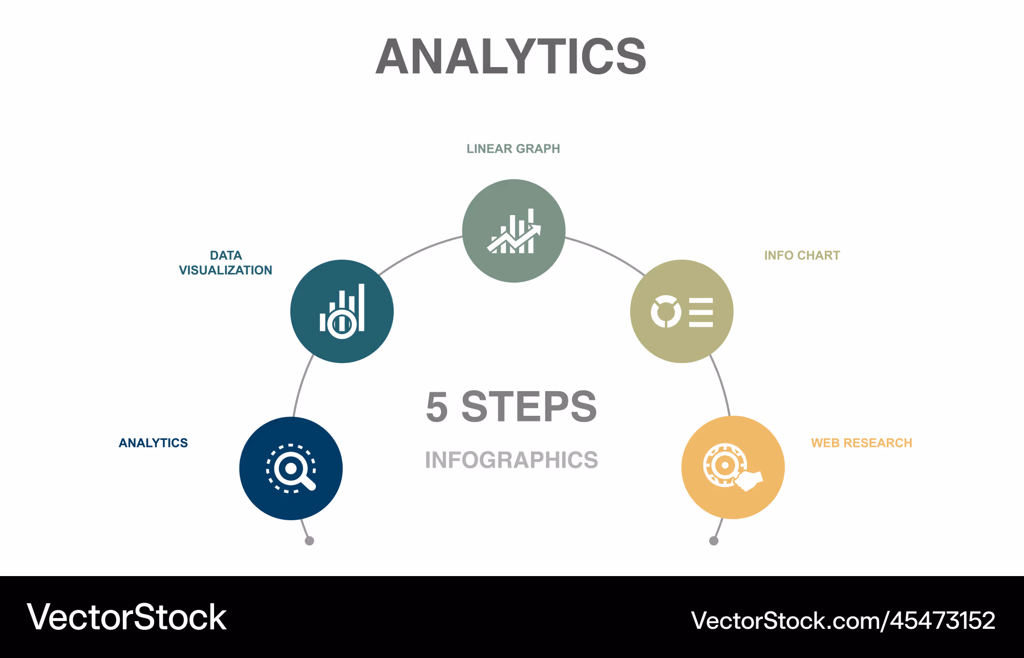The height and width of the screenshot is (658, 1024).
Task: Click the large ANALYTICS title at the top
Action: (511, 56)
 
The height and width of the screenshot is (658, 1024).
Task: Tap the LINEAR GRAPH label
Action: (513, 148)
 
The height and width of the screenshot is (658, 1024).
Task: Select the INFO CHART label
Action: (802, 255)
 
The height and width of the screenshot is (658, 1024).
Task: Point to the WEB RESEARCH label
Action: (861, 442)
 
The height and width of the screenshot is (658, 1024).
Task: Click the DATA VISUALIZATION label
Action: (225, 263)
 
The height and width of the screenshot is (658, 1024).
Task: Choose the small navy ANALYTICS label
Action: (153, 442)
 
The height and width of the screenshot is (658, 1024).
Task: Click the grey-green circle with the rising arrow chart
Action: (514, 230)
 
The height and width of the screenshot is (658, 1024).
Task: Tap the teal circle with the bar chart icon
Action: (342, 311)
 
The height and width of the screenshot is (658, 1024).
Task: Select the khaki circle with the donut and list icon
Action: (681, 311)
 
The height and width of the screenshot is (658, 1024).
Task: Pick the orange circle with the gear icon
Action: (733, 468)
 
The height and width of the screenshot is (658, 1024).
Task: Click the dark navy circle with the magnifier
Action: (291, 468)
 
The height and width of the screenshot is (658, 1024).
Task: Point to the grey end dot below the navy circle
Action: (309, 541)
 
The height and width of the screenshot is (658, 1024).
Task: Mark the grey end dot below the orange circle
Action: (714, 541)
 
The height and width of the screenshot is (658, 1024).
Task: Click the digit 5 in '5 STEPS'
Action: (437, 407)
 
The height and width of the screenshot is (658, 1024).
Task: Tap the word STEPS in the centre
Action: (529, 407)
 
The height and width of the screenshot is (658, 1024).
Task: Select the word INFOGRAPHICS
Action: (511, 460)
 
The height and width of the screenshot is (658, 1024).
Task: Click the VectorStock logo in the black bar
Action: (126, 617)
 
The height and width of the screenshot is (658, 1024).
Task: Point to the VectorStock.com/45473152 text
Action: (843, 621)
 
